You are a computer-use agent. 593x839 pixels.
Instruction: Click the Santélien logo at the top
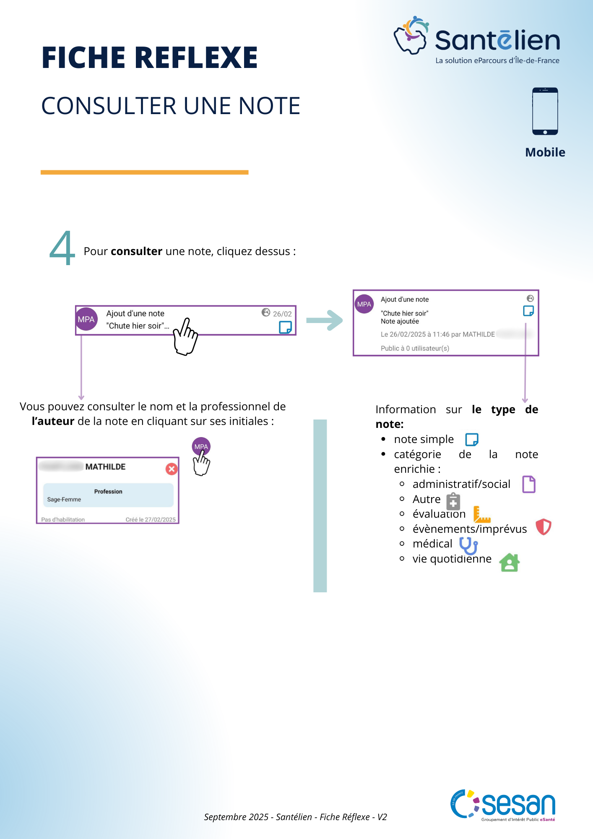tap(477, 39)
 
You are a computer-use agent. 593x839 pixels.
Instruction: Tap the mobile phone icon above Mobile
tap(545, 111)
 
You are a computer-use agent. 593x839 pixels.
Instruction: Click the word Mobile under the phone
tap(545, 152)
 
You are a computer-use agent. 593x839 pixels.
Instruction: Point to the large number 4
tap(62, 248)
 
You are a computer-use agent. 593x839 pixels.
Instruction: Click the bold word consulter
tap(136, 251)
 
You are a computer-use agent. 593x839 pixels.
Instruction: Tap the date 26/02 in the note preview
tap(282, 314)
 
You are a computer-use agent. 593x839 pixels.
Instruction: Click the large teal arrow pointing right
tap(325, 320)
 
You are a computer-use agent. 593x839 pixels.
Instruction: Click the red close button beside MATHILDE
tap(172, 469)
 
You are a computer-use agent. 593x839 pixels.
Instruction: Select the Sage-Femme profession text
tap(64, 499)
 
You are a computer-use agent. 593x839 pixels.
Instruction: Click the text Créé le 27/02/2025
tap(151, 519)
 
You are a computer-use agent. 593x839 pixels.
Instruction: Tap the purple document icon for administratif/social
tap(529, 484)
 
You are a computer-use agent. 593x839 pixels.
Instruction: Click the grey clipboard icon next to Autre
tap(453, 501)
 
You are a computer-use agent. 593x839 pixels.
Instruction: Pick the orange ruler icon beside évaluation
tap(481, 514)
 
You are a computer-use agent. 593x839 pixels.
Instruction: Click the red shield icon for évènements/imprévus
tap(544, 527)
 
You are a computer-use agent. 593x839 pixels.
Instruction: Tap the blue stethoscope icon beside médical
tap(468, 545)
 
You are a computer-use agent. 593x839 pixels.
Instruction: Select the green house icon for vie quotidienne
tap(510, 562)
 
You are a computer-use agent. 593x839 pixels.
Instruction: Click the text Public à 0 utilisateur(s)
tap(415, 348)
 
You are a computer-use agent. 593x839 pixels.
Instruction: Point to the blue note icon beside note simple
tap(472, 440)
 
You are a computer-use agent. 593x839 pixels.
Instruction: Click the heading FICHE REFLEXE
tap(149, 57)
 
